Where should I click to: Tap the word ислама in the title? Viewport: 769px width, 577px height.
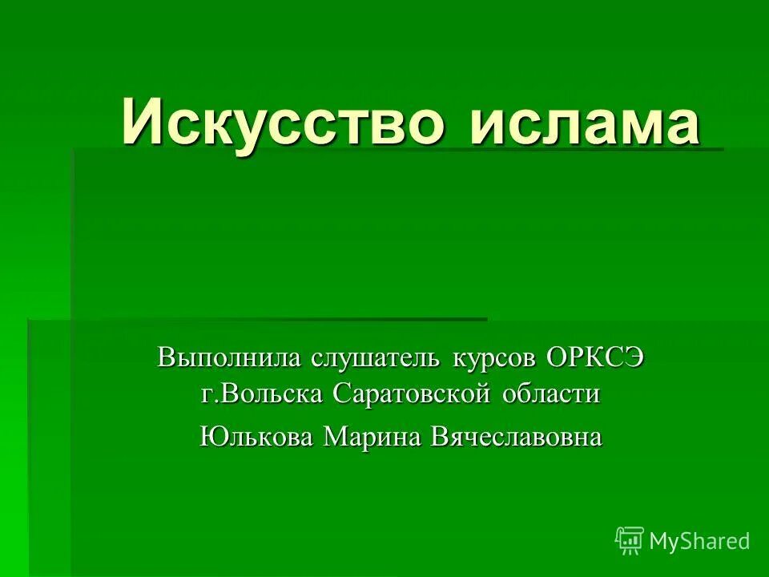click(584, 122)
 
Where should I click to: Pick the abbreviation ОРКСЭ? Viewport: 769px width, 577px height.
click(595, 357)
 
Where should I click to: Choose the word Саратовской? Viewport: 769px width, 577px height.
click(413, 394)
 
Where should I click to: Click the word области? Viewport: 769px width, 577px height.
click(551, 394)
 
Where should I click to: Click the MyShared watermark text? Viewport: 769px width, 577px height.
click(699, 541)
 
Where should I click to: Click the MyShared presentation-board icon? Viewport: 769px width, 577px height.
click(630, 540)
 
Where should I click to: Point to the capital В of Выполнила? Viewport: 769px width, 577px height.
click(166, 357)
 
